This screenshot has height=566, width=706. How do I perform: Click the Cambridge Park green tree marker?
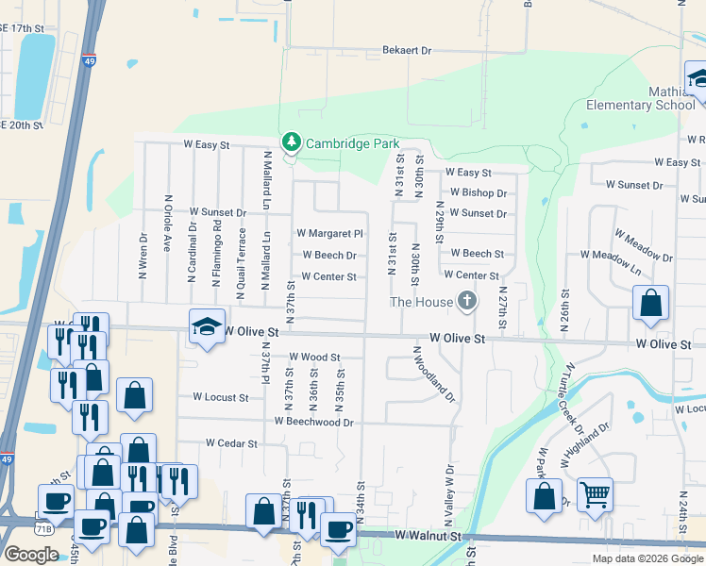point(293,141)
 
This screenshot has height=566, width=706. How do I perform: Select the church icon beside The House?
point(465,302)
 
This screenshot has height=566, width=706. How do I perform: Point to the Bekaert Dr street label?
point(406,50)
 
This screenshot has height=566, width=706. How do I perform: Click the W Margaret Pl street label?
point(329,233)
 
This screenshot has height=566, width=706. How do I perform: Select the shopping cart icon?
point(595,492)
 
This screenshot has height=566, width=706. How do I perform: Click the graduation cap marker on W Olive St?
point(208,325)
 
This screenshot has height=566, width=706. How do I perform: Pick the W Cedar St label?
point(231,443)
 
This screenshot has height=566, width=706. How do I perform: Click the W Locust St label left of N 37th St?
point(220,397)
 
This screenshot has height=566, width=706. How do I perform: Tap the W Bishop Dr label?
point(478,192)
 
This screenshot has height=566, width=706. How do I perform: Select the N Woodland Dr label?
point(434,372)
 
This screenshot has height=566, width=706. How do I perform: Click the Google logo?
point(31,554)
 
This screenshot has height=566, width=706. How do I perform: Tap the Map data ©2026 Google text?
point(647,558)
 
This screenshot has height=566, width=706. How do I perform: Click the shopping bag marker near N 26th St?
point(650,304)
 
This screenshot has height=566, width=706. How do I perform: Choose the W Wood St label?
point(313,358)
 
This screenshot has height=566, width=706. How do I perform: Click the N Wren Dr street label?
point(143,257)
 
